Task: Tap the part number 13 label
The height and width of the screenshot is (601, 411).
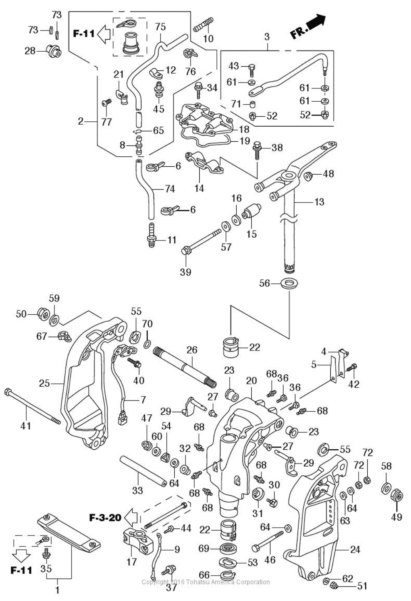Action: pos(319,202)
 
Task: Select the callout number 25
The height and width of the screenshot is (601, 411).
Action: pos(45,383)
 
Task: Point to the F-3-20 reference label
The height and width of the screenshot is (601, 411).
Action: pos(105,518)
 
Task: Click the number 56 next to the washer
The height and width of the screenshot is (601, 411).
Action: pos(265,283)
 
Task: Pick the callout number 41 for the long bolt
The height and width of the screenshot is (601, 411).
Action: pos(26,426)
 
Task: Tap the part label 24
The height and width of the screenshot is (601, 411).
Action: pos(355,550)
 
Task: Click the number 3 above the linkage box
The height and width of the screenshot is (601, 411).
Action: pos(267,37)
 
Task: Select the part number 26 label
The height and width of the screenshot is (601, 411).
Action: pos(192,350)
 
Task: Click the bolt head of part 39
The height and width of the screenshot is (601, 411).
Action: pos(186,251)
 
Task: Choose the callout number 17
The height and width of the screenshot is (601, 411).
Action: pos(131,562)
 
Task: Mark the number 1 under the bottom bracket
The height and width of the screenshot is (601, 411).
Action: pos(57,590)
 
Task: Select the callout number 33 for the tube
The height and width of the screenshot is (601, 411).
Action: pos(137,491)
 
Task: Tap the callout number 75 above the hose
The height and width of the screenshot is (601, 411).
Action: pos(160,27)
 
